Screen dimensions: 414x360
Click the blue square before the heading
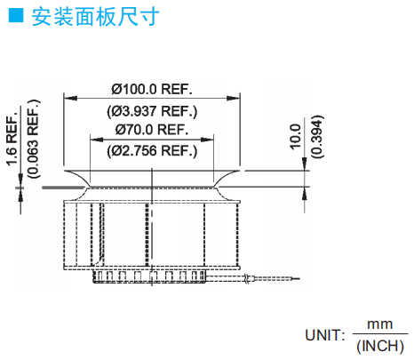point(16,15)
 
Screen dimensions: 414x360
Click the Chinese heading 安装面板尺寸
point(95,17)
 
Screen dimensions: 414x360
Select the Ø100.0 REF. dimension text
point(152,89)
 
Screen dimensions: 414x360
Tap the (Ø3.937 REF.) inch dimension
point(152,111)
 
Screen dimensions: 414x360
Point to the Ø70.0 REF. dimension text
point(152,130)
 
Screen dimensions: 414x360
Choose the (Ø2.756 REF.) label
point(152,151)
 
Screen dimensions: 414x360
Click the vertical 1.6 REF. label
point(12,139)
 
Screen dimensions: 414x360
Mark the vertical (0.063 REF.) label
point(34,139)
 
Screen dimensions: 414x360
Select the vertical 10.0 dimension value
point(295,137)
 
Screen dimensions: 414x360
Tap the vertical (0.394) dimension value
point(317,137)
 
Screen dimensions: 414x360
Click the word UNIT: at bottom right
point(325,335)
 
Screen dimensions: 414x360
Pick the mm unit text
point(380,324)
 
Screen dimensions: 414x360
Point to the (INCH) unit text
point(380,346)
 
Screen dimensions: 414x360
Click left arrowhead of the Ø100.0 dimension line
point(70,98)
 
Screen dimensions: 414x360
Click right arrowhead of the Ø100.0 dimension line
point(234,98)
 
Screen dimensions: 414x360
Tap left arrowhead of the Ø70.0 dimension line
point(97,140)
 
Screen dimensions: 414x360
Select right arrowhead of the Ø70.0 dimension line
point(207,140)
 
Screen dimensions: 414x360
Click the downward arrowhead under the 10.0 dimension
point(305,164)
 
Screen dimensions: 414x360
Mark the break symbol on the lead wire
point(246,279)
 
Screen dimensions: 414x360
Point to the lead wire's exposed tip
point(296,278)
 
